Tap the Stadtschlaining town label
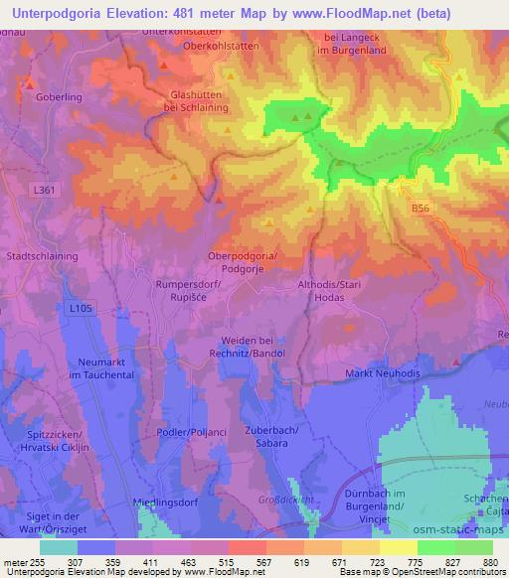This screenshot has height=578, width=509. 42,255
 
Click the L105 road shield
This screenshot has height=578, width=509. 82,309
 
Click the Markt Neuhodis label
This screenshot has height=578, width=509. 382,372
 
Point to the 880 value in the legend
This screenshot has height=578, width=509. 487,561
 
